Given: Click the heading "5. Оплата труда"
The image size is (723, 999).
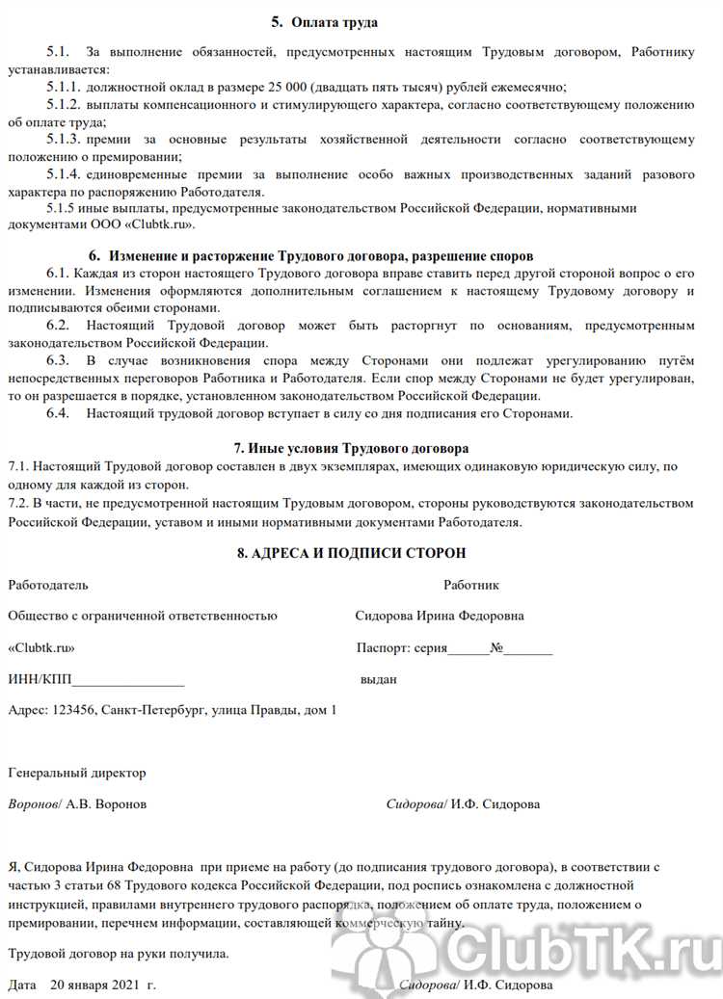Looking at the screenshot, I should coord(325,20).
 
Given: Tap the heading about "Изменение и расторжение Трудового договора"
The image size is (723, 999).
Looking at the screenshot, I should coord(310,257).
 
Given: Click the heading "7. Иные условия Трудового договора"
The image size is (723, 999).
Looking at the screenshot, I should coord(352,449).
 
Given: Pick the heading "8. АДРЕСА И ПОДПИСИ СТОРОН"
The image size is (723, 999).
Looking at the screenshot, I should coord(351,553).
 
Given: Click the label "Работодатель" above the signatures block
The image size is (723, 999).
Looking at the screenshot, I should coord(47,585).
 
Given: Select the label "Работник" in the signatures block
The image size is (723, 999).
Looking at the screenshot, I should coord(471,585).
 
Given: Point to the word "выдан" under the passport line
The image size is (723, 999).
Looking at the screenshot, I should coord(378,679).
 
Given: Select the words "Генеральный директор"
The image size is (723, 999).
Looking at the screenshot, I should coord(76,773).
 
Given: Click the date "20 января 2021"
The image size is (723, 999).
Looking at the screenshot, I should coord(93,986).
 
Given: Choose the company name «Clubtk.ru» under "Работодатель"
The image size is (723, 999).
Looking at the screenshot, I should coord(40,648).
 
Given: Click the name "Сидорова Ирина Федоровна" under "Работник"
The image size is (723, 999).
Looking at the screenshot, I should coord(440,617).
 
